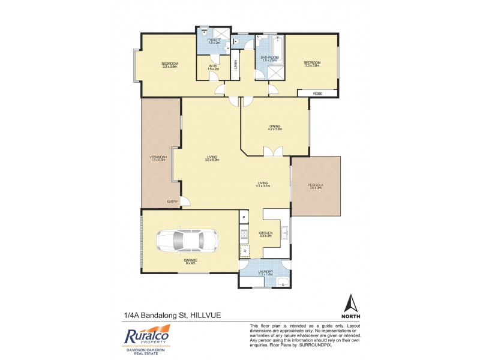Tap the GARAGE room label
191,260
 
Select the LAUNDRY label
265,272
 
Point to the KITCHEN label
265,233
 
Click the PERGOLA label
316,186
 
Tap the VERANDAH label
158,157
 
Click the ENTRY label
172,202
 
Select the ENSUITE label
214,40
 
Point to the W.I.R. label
213,67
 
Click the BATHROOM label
269,58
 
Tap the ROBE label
317,93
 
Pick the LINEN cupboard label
236,63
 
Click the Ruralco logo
146,337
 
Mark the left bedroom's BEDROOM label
170,63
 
